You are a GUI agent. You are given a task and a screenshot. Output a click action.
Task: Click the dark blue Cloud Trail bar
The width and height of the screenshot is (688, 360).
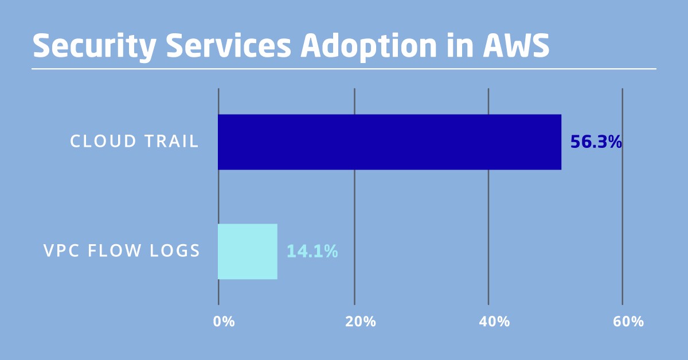click(389, 142)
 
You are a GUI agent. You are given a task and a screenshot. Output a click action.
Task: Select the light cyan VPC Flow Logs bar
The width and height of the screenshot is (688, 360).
click(247, 251)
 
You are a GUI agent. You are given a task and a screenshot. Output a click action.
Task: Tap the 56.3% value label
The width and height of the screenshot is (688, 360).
click(596, 142)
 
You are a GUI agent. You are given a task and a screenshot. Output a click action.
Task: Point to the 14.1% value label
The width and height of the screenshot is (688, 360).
click(312, 251)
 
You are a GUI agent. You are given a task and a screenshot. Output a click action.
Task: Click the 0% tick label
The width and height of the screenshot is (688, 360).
click(224, 322)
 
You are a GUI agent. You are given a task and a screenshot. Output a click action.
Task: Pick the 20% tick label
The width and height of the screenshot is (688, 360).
click(361, 322)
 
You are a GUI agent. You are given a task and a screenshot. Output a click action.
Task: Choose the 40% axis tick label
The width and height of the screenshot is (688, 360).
click(494, 322)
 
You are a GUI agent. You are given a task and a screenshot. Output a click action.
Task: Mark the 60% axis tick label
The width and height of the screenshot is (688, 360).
click(628, 322)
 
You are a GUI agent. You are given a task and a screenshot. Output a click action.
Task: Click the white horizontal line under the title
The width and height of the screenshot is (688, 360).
click(344, 69)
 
